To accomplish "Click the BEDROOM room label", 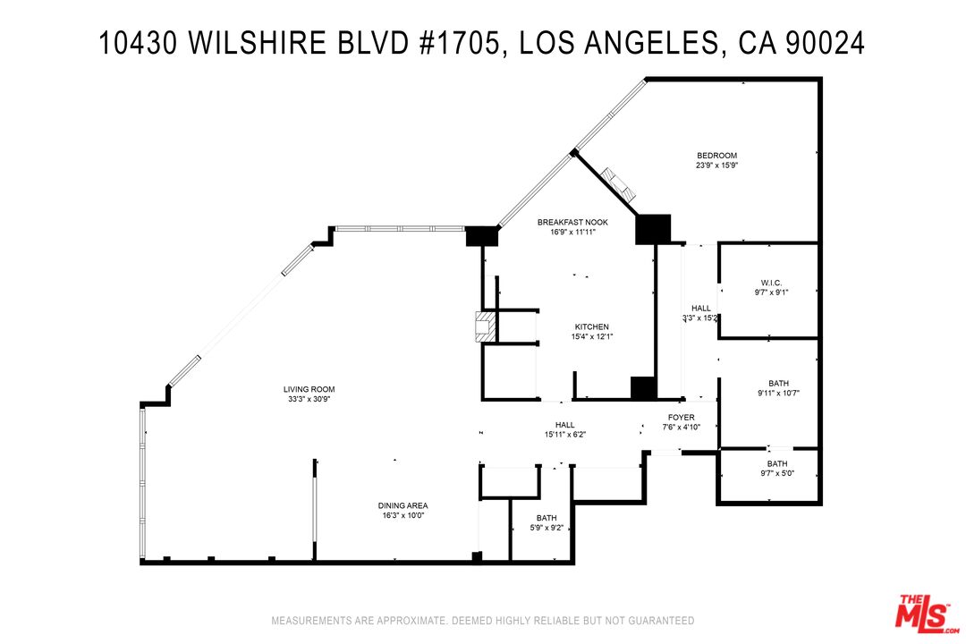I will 716,156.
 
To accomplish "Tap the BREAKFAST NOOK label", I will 572,222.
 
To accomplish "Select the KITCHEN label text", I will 591,326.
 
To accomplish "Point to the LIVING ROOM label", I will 309,389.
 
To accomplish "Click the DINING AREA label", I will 404,505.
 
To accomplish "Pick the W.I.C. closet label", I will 770,283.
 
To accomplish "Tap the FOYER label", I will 681,417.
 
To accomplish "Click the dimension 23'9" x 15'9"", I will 716,165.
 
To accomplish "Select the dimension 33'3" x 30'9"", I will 309,399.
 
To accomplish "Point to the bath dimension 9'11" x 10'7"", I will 777,393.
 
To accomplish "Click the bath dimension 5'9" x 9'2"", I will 546,528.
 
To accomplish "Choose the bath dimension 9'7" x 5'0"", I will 776,473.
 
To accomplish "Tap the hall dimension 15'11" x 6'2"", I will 564,435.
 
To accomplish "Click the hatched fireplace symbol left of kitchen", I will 484,326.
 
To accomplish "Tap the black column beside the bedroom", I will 652,228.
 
